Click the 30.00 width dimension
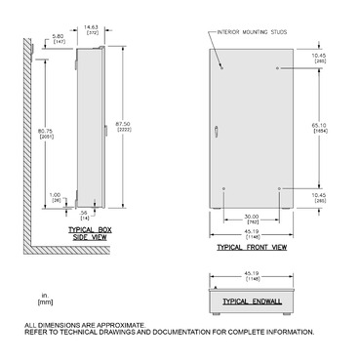(252, 217)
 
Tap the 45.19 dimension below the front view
(251, 232)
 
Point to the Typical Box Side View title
(89, 230)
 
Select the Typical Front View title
(251, 248)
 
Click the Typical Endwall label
(251, 303)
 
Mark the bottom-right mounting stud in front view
(280, 187)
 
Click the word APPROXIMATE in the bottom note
(124, 324)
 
